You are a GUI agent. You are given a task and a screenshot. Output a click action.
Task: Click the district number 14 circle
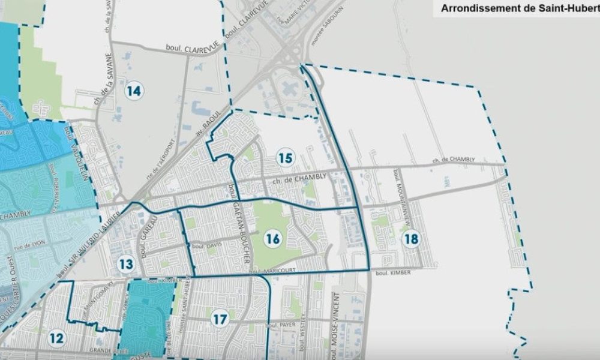click(x=134, y=91)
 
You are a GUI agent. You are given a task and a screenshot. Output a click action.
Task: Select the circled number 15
click(x=286, y=158)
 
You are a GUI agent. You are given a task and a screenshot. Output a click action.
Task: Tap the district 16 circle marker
click(x=272, y=239)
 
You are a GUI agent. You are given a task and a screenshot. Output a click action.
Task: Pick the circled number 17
click(x=220, y=319)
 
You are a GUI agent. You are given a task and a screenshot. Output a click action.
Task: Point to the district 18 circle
click(x=411, y=239)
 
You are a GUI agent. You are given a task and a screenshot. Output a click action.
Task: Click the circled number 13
click(x=126, y=263)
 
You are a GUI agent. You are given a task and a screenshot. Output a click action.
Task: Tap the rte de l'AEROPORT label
click(x=161, y=161)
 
